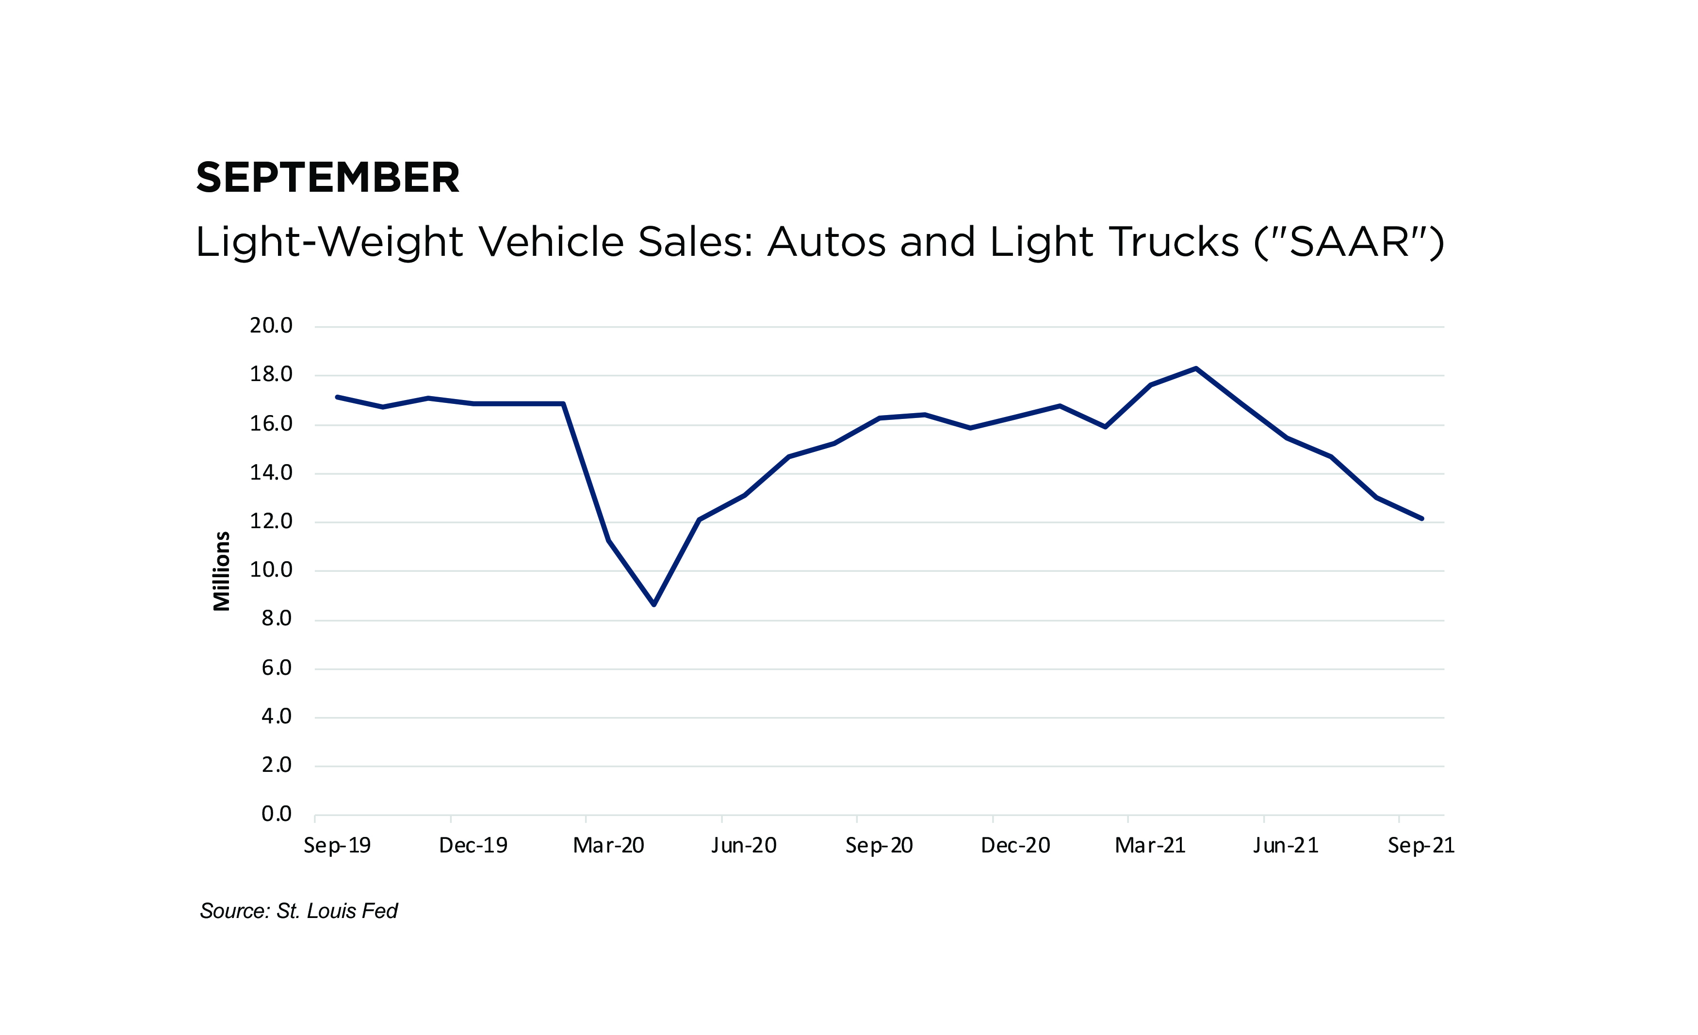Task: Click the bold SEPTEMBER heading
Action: [x=327, y=178]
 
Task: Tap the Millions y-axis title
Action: [x=221, y=571]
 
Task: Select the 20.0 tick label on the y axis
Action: [x=271, y=325]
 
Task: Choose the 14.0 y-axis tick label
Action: [x=271, y=472]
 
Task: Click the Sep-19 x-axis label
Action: [x=337, y=845]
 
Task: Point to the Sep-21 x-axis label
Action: [x=1421, y=845]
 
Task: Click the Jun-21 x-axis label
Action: [x=1286, y=845]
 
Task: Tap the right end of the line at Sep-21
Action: [x=1421, y=518]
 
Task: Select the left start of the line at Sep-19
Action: [x=337, y=397]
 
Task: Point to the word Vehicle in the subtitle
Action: [x=551, y=242]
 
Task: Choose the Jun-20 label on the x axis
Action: [x=744, y=845]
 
